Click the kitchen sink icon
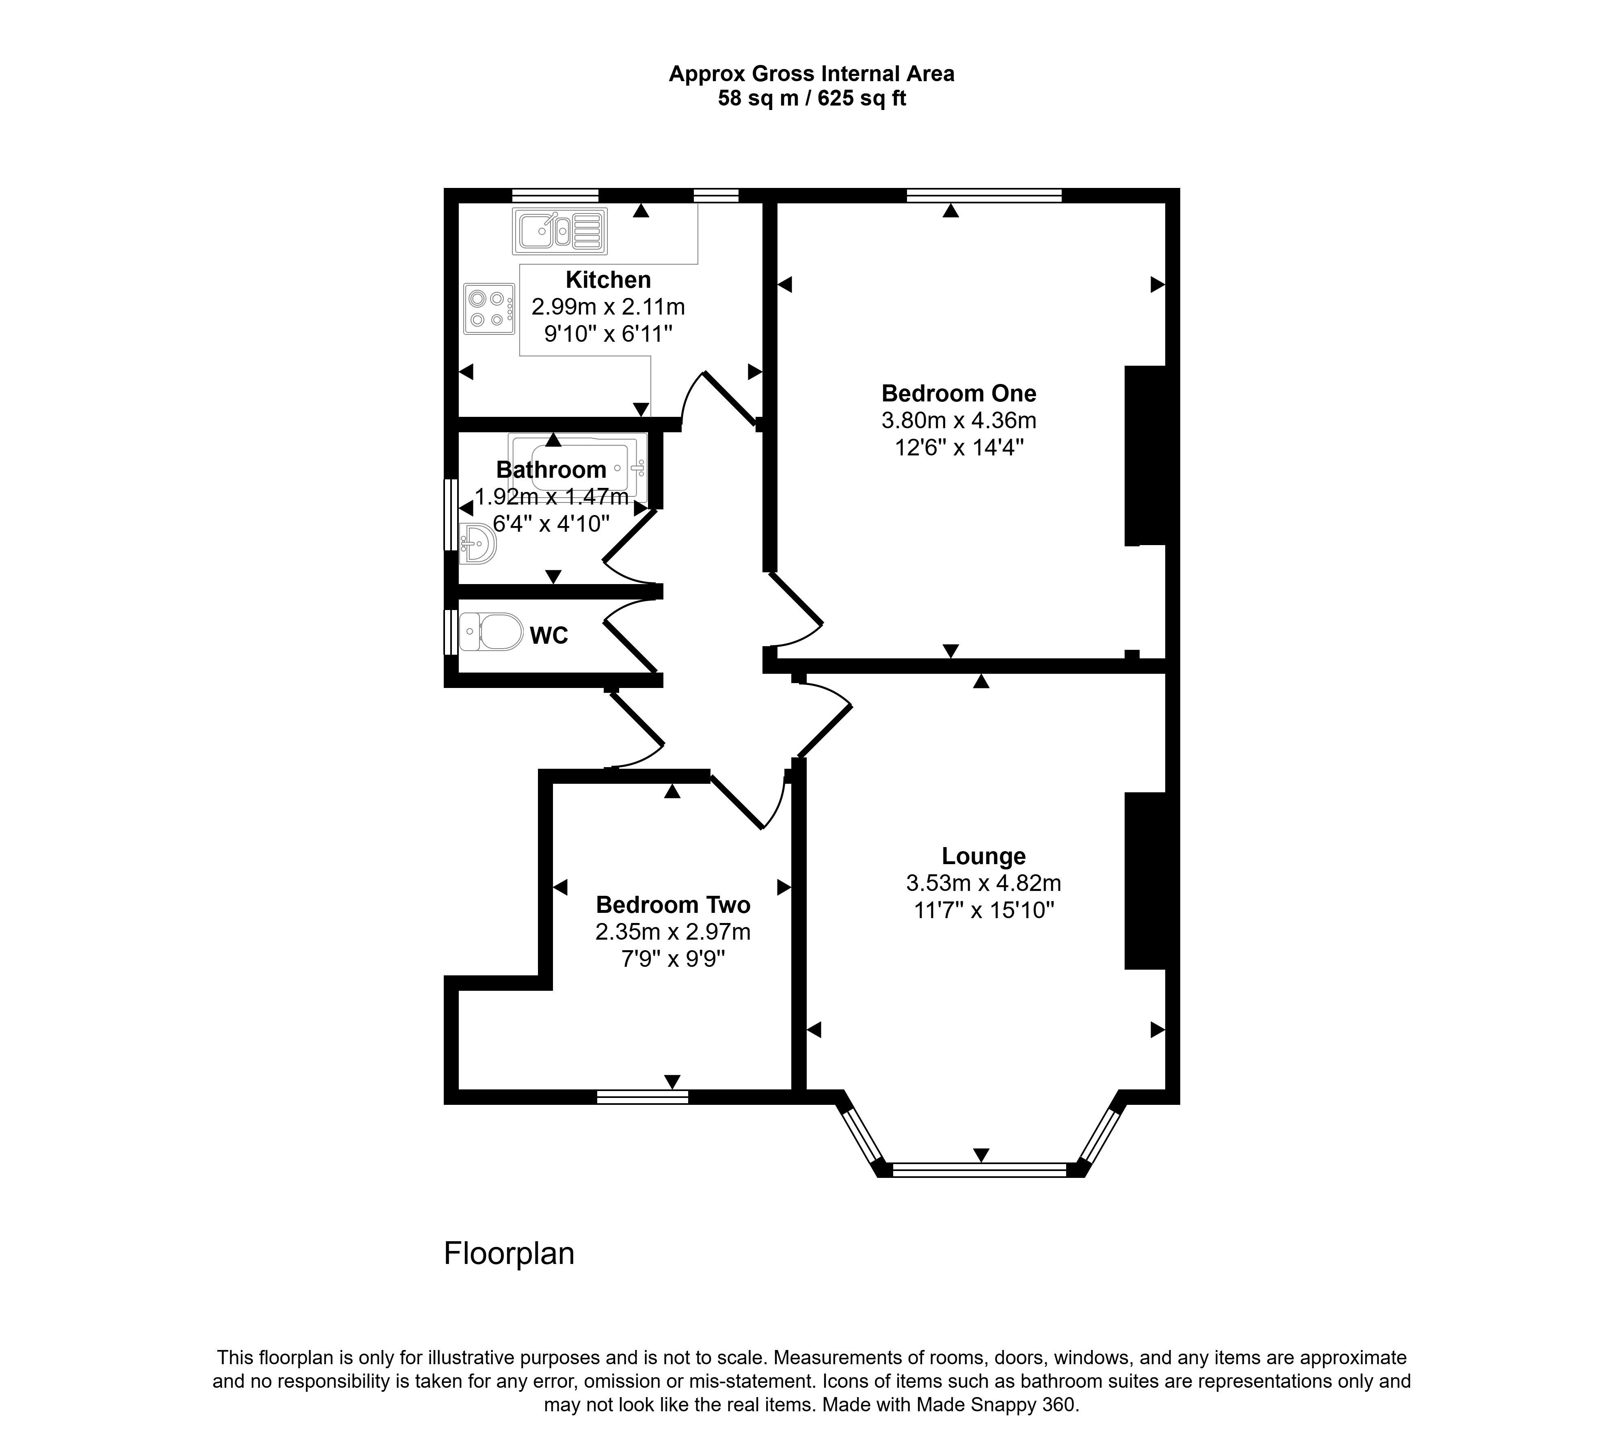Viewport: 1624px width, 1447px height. click(560, 231)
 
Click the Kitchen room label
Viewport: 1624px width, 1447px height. click(609, 280)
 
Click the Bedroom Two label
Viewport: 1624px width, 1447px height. click(673, 905)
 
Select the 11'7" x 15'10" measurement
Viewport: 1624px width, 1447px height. click(984, 910)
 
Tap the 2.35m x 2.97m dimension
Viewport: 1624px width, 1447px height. click(673, 932)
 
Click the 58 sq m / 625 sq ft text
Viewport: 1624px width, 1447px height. click(812, 99)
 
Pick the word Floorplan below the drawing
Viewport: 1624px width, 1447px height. click(509, 1253)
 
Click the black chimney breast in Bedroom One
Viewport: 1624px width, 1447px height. click(1145, 455)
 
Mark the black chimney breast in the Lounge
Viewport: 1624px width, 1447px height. click(1145, 881)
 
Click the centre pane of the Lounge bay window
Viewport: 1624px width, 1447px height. click(980, 1169)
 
